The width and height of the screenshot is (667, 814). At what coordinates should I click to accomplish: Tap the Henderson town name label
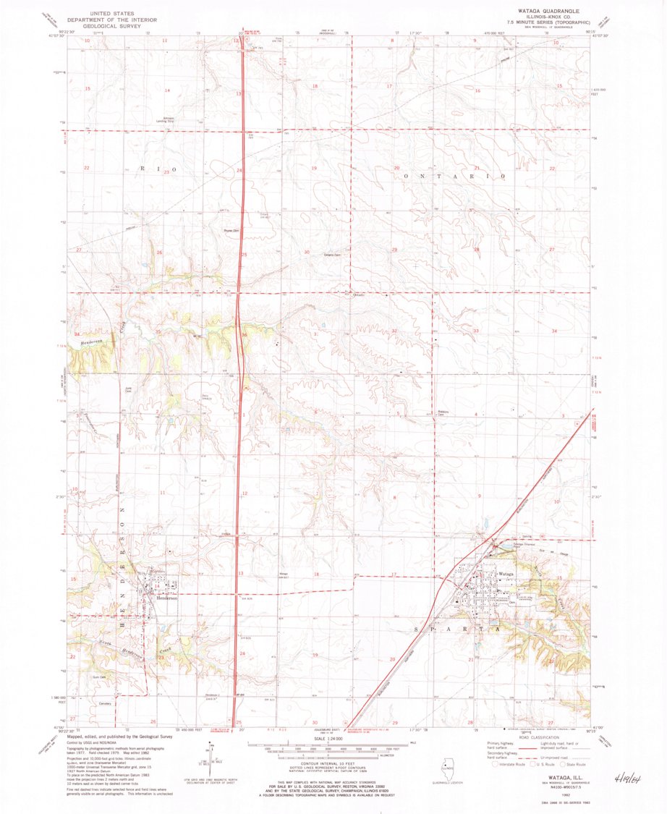coord(166,598)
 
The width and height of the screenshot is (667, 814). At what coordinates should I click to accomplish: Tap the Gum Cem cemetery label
coord(98,677)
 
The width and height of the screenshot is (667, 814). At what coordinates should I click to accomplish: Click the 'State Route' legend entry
coord(577,763)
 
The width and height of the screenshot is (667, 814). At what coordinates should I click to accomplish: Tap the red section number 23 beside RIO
coord(166,172)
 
